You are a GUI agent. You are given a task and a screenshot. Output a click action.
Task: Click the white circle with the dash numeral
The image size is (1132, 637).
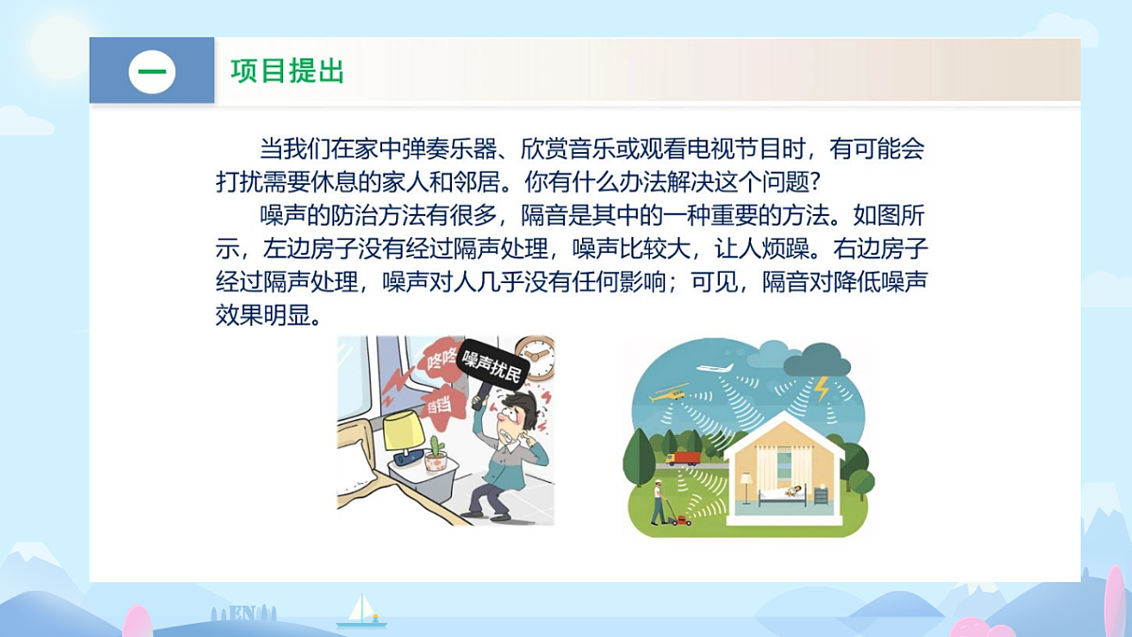[x=152, y=71]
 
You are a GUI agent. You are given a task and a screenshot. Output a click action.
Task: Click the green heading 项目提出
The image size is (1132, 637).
[x=288, y=71]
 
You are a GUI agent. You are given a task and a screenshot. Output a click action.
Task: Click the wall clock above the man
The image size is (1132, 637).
[x=534, y=358]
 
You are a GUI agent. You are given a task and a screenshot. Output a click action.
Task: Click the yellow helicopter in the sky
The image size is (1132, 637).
[x=667, y=392]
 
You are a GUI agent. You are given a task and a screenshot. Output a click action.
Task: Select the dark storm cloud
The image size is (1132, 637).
[x=816, y=361]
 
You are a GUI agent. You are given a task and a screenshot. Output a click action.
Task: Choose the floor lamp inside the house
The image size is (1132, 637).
[x=745, y=486]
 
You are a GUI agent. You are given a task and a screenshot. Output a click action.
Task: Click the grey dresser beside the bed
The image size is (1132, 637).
[x=821, y=495]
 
